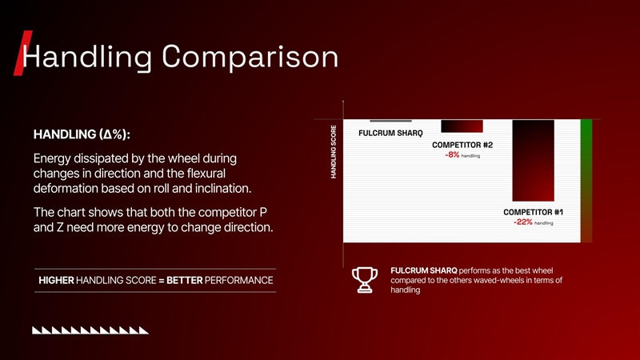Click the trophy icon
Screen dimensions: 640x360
365,280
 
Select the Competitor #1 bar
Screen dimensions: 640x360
533,161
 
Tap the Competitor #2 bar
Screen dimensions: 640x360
462,126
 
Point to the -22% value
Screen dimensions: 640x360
523,222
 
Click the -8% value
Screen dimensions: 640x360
452,154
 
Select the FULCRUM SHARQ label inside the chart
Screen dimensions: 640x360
390,133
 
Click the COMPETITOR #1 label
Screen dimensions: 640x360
533,212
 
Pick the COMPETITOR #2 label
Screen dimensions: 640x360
462,145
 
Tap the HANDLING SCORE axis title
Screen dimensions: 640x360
334,152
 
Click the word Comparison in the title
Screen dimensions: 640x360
250,56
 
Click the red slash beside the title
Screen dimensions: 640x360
23,53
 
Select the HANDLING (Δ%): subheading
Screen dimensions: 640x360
82,134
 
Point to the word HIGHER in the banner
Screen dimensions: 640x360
56,281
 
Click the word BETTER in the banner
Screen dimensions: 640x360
185,281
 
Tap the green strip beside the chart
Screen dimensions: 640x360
586,181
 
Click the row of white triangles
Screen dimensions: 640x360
90,330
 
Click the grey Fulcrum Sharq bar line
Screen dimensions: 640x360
390,121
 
